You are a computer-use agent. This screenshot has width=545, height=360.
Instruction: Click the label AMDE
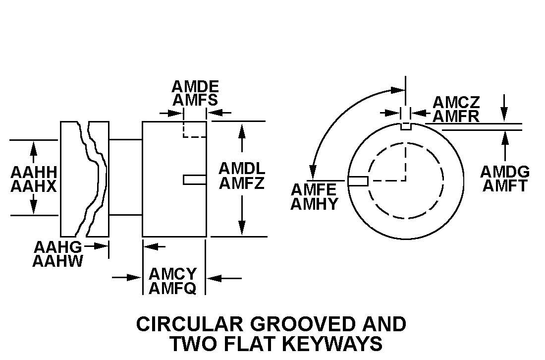click(x=195, y=87)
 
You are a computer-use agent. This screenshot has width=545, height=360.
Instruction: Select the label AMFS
click(x=195, y=100)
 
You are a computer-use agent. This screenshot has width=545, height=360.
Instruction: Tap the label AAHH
click(x=34, y=173)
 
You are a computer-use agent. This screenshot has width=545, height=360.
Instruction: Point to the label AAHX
click(x=34, y=186)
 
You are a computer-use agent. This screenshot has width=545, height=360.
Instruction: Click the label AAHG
click(x=57, y=247)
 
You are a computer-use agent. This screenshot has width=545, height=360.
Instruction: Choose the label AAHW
click(x=57, y=261)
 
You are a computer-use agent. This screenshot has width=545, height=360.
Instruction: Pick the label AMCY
click(x=173, y=274)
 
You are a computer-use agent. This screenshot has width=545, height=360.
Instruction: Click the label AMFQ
click(x=173, y=288)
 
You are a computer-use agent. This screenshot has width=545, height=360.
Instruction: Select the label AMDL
click(x=242, y=169)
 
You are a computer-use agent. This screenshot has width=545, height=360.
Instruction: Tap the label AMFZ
click(x=242, y=183)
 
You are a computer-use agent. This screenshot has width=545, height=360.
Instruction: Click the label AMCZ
click(x=456, y=103)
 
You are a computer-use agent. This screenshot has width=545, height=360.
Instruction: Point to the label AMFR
click(x=456, y=117)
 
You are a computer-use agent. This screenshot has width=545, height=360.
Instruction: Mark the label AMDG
click(x=505, y=172)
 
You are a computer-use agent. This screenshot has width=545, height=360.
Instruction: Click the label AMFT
click(x=505, y=186)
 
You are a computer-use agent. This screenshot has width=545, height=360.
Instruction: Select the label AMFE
click(x=314, y=190)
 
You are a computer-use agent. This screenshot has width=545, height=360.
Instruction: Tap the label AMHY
click(x=314, y=204)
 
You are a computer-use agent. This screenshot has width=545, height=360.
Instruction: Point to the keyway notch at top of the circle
click(x=406, y=126)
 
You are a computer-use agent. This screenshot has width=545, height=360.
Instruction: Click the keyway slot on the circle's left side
click(x=358, y=181)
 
